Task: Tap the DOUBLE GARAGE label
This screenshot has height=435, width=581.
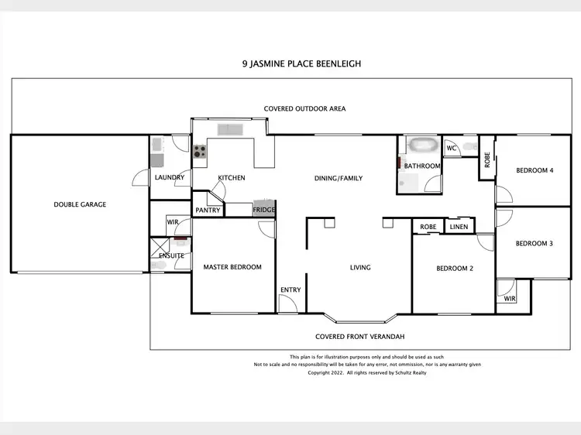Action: (x=80, y=204)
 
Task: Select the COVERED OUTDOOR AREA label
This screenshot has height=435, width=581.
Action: (x=304, y=109)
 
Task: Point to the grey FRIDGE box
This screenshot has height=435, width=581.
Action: (x=263, y=210)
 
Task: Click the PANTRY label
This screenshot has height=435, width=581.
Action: (x=208, y=210)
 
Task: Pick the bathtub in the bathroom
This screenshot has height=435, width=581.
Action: (x=423, y=145)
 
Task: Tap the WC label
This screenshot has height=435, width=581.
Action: (x=451, y=148)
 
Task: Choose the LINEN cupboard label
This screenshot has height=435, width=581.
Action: (x=459, y=227)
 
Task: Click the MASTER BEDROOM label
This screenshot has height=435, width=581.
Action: (x=232, y=267)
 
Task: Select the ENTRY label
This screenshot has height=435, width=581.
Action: (x=290, y=290)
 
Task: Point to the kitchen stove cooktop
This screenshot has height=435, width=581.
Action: (x=200, y=152)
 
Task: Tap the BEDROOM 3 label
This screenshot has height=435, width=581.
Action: (x=535, y=244)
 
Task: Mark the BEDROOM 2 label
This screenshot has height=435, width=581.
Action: (x=455, y=269)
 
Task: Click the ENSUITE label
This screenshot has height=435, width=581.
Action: (x=171, y=255)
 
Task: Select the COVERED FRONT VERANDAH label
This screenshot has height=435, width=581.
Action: (x=360, y=337)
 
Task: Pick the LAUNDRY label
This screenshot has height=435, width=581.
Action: (x=170, y=177)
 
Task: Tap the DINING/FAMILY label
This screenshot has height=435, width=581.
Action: (x=339, y=178)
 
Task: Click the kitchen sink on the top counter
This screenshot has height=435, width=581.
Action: (x=230, y=129)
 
